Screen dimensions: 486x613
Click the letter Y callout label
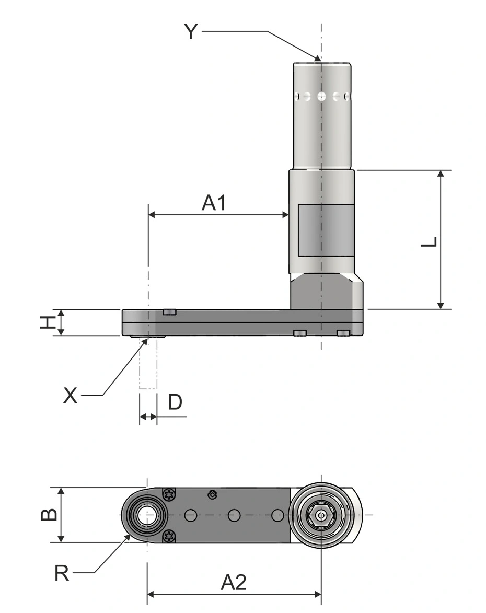click(191, 31)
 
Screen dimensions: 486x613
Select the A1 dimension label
click(214, 203)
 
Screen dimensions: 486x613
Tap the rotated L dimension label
click(429, 242)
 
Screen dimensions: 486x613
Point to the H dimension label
click(48, 322)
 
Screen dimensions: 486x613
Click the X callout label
click(71, 396)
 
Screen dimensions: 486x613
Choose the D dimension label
click(175, 401)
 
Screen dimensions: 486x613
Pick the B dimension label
click(49, 515)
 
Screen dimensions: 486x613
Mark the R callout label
click(62, 573)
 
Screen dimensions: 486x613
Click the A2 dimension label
click(234, 583)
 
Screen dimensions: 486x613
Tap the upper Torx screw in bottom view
click(169, 494)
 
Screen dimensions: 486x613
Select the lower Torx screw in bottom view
click(169, 536)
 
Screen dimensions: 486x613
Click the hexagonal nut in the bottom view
click(321, 515)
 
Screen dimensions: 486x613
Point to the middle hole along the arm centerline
click(234, 515)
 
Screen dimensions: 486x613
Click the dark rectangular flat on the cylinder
click(326, 230)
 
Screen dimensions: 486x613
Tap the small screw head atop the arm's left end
click(170, 311)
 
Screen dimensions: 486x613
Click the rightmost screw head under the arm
click(343, 333)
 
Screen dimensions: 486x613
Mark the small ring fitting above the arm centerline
click(212, 494)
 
